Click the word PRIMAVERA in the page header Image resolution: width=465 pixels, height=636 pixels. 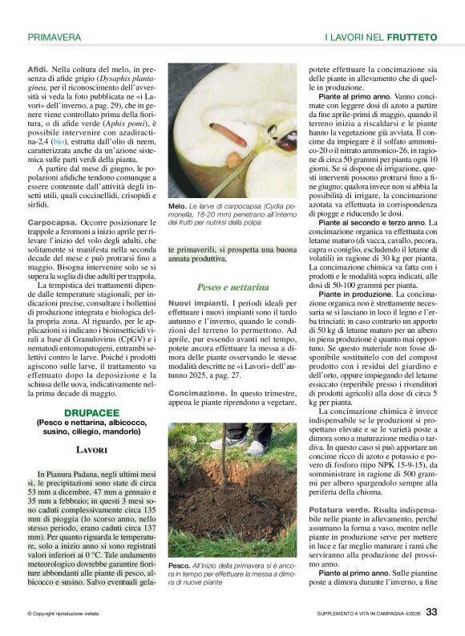tap(54, 37)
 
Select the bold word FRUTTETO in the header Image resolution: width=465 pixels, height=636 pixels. tap(412, 37)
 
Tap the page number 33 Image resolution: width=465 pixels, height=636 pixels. tap(431, 612)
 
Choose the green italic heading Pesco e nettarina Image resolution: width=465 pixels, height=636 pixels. tap(232, 286)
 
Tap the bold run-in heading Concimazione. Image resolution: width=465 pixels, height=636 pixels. tap(197, 394)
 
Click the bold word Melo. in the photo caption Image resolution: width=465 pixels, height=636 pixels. tap(178, 207)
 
